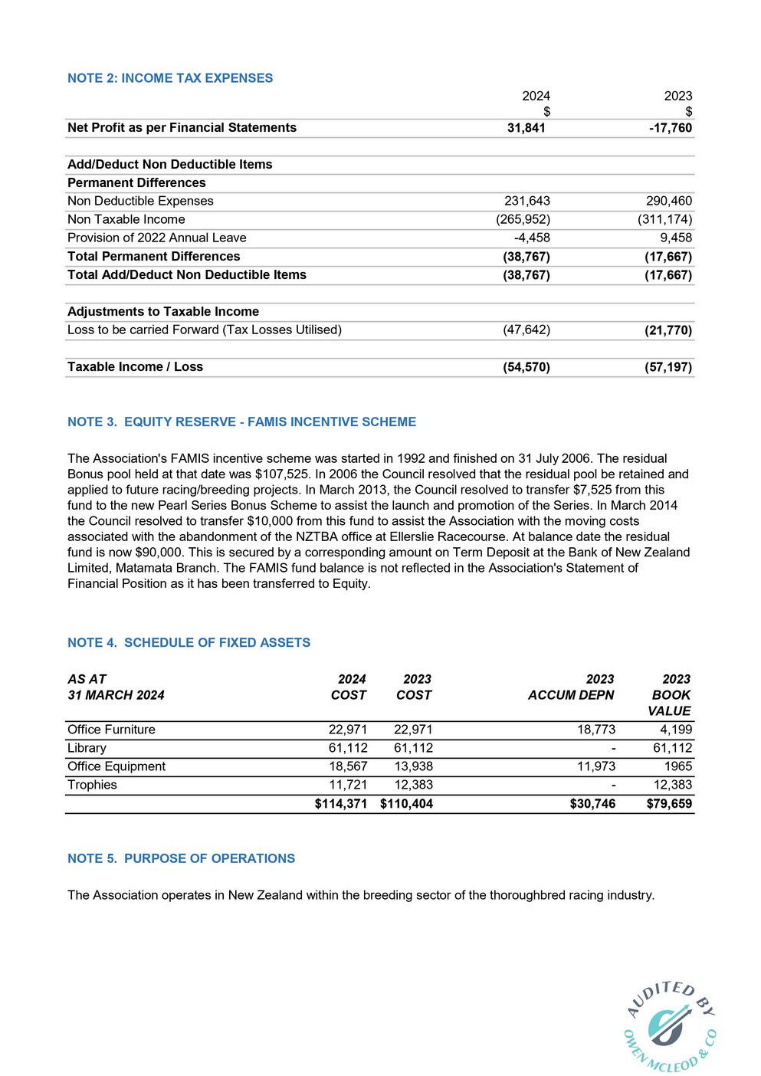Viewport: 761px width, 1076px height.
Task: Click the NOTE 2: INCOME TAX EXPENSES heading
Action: tap(170, 78)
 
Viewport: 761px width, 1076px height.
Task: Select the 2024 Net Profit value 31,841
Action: tap(526, 128)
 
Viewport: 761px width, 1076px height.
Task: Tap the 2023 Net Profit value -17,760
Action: tap(671, 128)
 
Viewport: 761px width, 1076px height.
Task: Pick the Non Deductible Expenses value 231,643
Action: tap(526, 202)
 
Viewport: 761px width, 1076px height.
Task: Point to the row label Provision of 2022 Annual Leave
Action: tap(157, 238)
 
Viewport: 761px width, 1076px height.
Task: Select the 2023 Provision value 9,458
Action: tap(676, 238)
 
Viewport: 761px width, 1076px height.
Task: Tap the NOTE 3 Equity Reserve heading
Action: tap(241, 422)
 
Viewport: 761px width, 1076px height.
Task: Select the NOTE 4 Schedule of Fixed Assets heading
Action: tap(189, 643)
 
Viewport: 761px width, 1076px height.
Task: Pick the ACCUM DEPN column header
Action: tap(571, 696)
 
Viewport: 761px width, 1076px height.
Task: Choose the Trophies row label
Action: tap(92, 786)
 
